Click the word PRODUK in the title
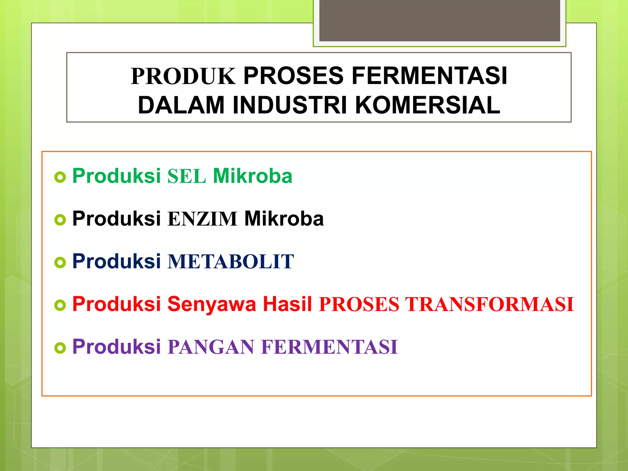[183, 76]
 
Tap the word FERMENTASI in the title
[429, 76]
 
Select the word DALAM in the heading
[181, 105]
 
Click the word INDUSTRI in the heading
[290, 105]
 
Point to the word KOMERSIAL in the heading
[427, 105]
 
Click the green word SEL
[186, 176]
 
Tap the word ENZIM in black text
[202, 219]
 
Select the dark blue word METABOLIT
[231, 262]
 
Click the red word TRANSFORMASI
[489, 304]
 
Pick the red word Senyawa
[212, 304]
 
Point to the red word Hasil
[287, 304]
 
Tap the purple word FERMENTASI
[329, 347]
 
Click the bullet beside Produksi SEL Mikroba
[60, 177]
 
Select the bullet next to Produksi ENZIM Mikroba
[60, 220]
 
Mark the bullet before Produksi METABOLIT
[60, 262]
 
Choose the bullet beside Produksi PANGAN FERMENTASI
[60, 348]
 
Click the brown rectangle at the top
[439, 20]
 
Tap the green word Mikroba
[253, 176]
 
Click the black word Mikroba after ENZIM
[284, 219]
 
